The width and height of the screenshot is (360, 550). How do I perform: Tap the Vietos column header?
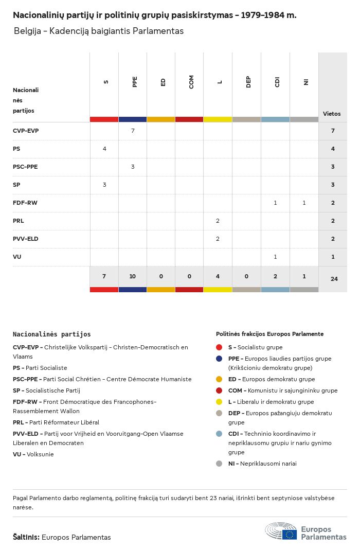tap(332, 114)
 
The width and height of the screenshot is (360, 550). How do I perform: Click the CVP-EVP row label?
tap(26, 131)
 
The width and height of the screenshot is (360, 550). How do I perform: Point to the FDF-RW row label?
tap(25, 203)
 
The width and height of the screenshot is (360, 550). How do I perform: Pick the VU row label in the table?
tap(17, 257)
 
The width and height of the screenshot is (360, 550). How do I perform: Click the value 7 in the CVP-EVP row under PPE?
tap(133, 131)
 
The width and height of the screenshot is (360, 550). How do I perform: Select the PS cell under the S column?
tap(104, 149)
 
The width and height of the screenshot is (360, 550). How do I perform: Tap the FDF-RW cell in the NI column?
tap(304, 203)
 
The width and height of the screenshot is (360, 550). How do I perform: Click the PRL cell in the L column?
tap(218, 221)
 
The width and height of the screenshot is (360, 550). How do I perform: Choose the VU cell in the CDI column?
tap(275, 257)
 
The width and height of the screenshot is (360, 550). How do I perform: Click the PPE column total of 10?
tap(133, 276)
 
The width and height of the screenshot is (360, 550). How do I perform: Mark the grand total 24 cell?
tap(333, 279)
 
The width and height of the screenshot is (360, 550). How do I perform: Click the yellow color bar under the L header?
tap(218, 119)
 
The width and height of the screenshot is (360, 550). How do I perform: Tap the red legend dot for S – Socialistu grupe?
tap(219, 347)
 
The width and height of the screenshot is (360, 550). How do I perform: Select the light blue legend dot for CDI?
tap(219, 434)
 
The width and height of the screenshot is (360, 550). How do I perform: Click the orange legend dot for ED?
tap(219, 379)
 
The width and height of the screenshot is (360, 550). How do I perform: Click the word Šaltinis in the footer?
tap(26, 537)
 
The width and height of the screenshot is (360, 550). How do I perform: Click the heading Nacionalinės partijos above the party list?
tap(52, 334)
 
